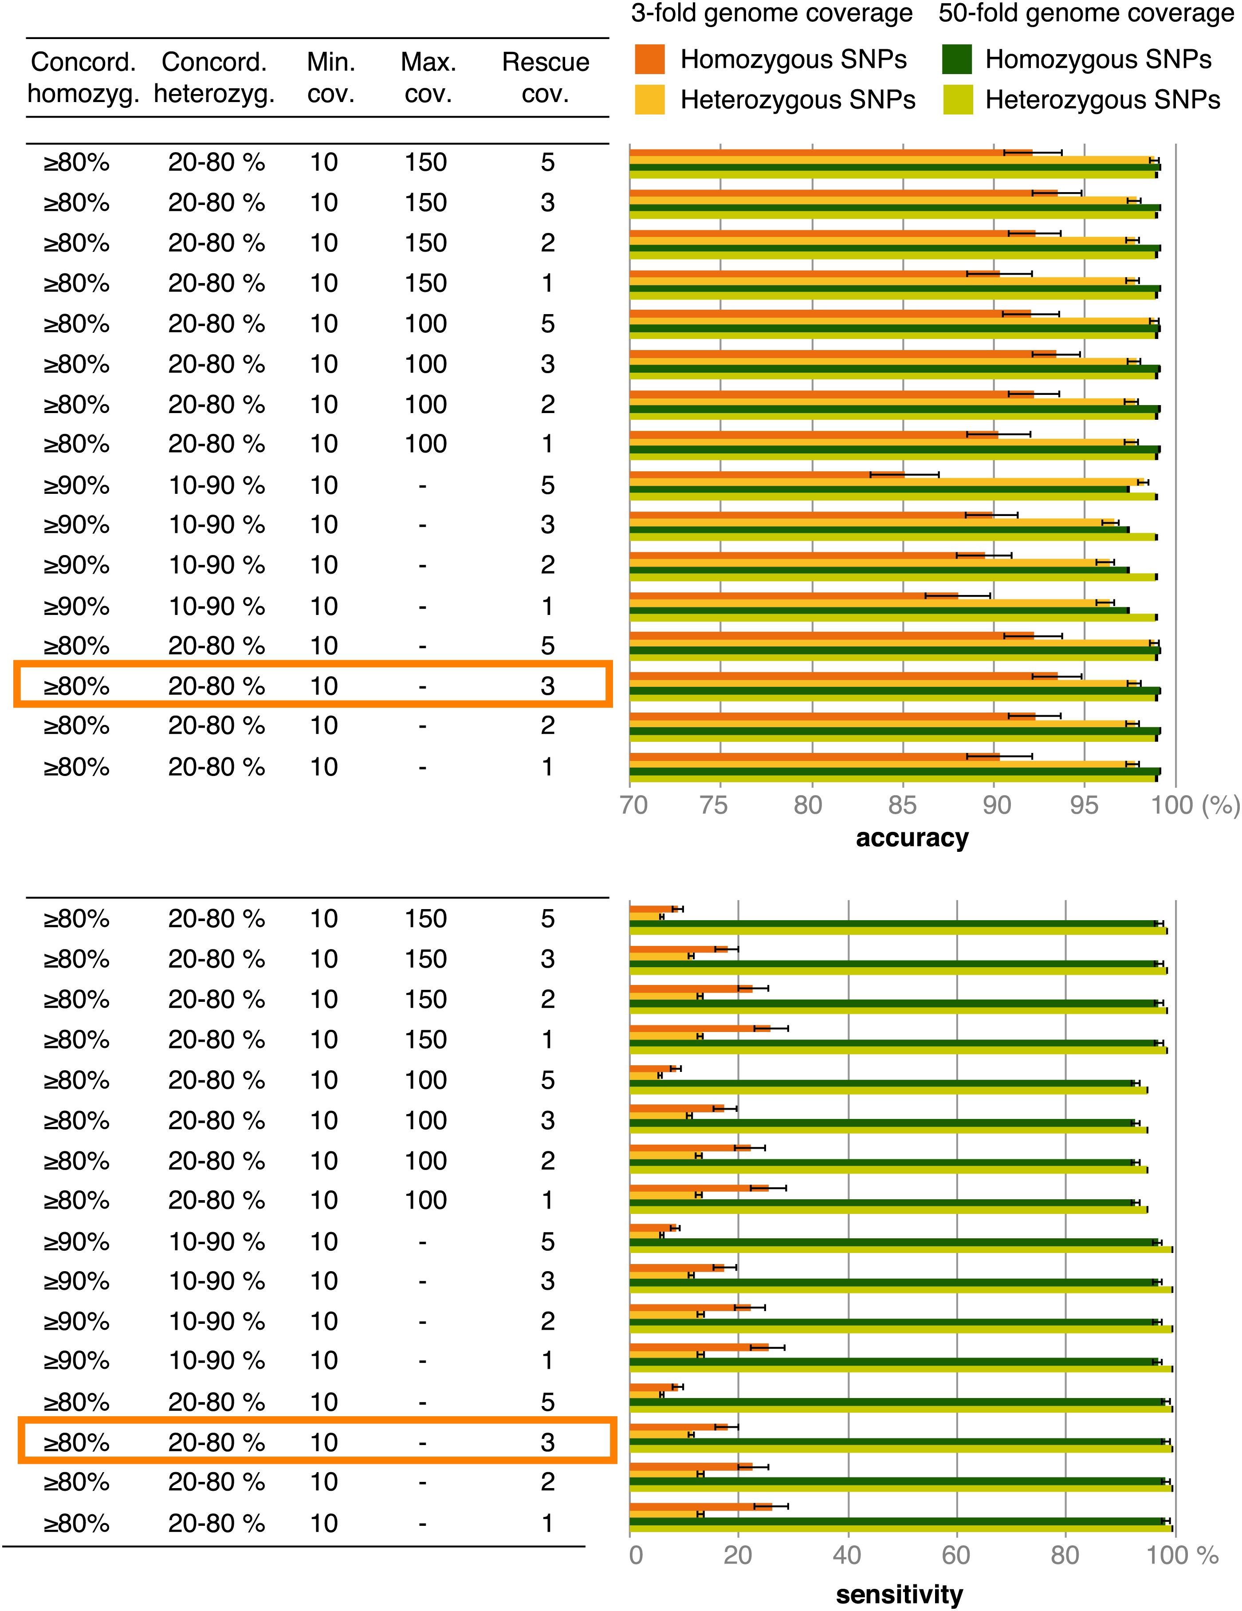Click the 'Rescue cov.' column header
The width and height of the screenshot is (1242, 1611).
tap(545, 78)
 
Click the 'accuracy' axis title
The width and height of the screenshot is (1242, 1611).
tap(912, 838)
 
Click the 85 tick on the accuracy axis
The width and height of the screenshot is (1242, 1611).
tap(901, 805)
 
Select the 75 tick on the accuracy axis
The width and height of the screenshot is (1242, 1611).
tap(713, 805)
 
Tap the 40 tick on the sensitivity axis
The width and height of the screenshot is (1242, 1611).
tap(847, 1555)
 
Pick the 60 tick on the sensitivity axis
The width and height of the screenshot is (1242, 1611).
tap(956, 1555)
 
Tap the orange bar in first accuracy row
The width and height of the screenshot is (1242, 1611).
tap(830, 153)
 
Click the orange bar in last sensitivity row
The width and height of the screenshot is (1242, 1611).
tap(701, 1506)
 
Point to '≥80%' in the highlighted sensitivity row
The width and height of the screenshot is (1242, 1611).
tap(77, 1442)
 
